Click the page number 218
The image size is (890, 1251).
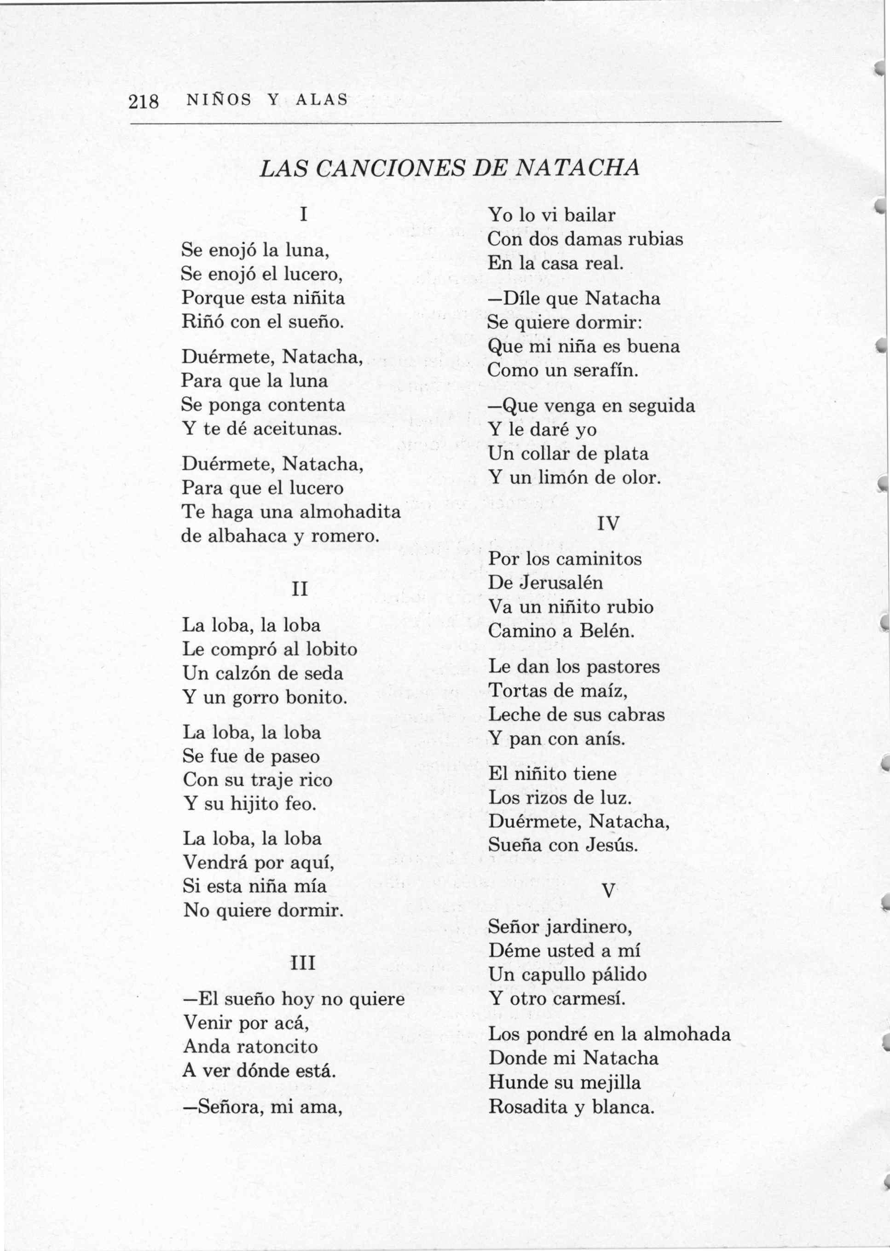coord(144,101)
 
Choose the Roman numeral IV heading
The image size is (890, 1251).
coord(608,523)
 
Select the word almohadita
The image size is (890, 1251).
coord(350,512)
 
